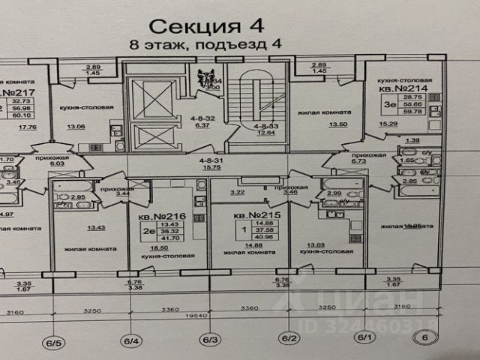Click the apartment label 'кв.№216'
[x=158, y=214]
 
